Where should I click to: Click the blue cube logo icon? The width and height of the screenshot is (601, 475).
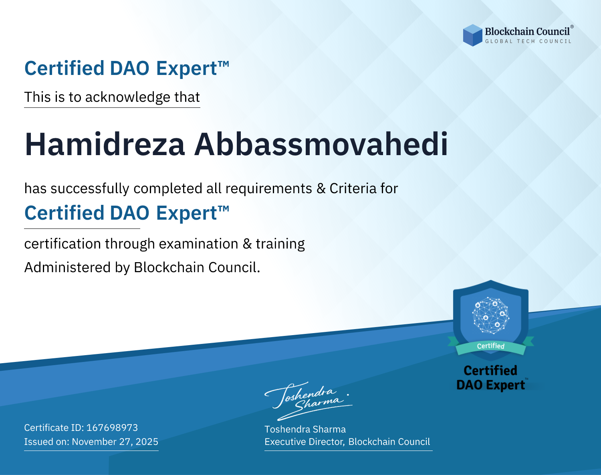point(472,35)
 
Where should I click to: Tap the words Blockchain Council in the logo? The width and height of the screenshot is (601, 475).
point(527,32)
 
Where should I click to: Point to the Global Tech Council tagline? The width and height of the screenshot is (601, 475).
point(528,41)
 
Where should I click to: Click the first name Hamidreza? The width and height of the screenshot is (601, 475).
point(105,144)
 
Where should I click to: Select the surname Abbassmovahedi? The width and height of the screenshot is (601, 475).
point(321,144)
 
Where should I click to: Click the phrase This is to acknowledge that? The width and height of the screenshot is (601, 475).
point(112,97)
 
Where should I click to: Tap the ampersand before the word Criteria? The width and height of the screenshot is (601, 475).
point(321,188)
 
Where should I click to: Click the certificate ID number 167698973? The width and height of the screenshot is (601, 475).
point(112,427)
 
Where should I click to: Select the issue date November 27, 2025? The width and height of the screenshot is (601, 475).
point(115,442)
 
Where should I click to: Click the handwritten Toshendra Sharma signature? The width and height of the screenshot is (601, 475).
point(308,401)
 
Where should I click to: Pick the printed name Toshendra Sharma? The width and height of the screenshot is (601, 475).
point(305,429)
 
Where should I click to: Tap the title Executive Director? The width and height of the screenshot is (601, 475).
point(304,442)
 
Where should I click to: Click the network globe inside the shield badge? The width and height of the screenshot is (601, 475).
point(491,315)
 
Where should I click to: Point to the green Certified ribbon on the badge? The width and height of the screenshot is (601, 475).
point(491,346)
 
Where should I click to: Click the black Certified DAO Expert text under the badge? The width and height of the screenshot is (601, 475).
point(491,378)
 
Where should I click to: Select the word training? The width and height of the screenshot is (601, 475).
point(280,244)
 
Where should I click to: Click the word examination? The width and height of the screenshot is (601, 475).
point(199,244)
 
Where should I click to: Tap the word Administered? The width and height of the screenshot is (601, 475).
point(68,267)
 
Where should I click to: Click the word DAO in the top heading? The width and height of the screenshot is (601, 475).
point(129,69)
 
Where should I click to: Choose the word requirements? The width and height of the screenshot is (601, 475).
point(269,189)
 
